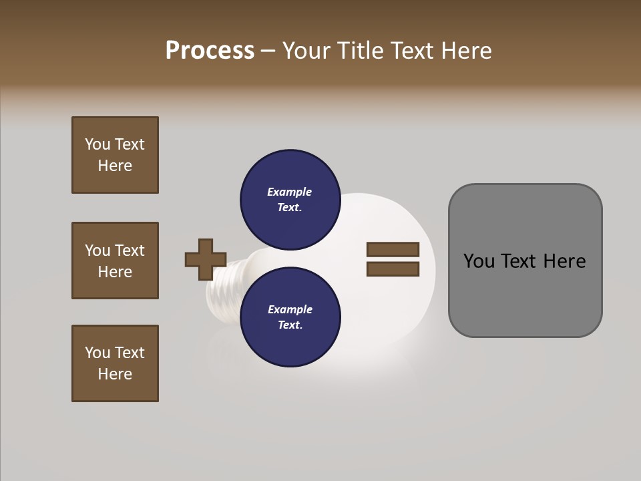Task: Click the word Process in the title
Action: click(x=210, y=51)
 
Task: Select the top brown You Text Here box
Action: click(x=115, y=155)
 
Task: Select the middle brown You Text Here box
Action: click(x=115, y=261)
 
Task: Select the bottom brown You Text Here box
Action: click(x=115, y=363)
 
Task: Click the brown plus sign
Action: click(x=206, y=259)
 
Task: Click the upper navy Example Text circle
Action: click(x=290, y=200)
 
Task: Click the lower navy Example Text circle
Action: click(x=290, y=317)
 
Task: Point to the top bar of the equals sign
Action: click(x=393, y=249)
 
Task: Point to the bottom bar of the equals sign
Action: click(x=393, y=269)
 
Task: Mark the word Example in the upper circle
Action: click(x=289, y=192)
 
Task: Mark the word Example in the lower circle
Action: click(x=290, y=309)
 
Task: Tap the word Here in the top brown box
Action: click(x=115, y=166)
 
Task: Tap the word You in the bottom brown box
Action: click(x=97, y=353)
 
